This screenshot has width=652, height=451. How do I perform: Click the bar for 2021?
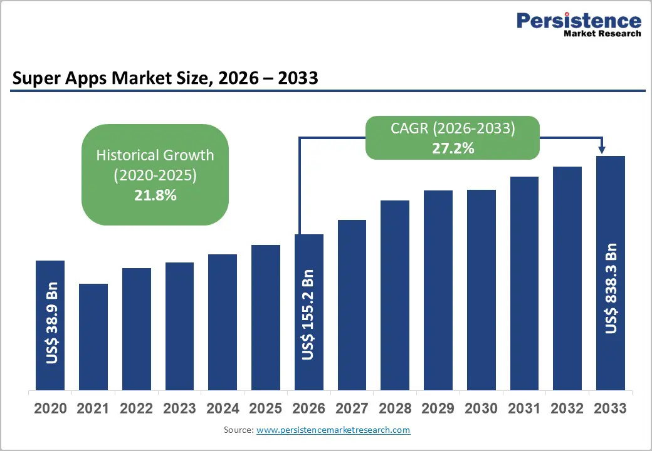click(93, 336)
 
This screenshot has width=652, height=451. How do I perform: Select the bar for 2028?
click(394, 294)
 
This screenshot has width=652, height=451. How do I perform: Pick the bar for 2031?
click(524, 283)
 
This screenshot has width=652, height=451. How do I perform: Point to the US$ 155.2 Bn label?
click(308, 314)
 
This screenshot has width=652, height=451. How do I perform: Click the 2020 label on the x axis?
click(50, 408)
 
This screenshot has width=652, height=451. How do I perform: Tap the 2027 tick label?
click(352, 408)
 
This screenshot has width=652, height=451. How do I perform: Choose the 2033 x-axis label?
click(610, 408)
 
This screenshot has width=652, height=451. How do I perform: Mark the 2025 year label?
click(266, 408)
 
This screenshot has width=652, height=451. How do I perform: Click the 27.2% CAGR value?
click(453, 148)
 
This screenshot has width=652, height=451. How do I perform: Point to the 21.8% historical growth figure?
click(155, 195)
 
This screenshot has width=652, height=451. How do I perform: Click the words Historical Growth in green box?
click(155, 155)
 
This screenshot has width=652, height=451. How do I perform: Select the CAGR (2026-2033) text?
click(453, 129)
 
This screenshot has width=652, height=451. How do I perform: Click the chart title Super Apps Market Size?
click(165, 78)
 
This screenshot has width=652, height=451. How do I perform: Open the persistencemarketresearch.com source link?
click(333, 430)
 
